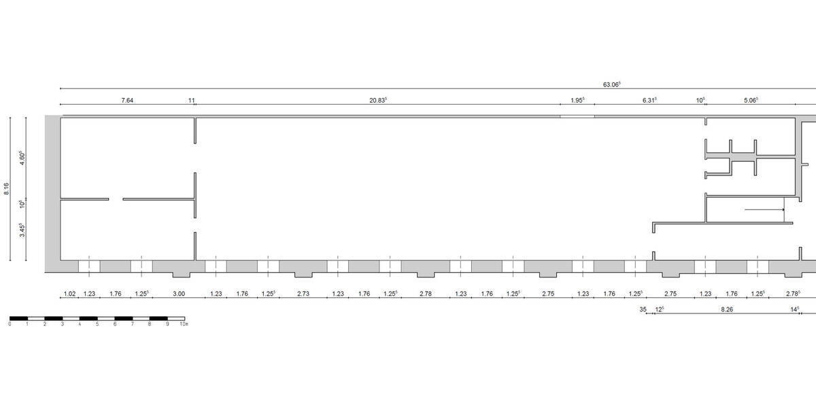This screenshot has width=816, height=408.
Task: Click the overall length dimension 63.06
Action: coord(611,84)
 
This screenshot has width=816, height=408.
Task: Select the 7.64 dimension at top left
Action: coord(127,100)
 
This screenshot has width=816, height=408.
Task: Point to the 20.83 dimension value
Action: coord(378,100)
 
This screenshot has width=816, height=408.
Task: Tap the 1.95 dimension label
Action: coord(577,100)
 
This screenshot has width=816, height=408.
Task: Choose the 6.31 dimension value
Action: coord(649,100)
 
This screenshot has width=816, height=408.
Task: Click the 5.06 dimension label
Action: coord(751,100)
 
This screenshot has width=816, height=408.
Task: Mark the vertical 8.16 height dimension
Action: coord(7,189)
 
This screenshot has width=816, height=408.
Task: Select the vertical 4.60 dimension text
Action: coord(22,158)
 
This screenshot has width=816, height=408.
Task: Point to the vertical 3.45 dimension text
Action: coord(22,231)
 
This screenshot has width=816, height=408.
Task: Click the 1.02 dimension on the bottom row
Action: coord(69,294)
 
